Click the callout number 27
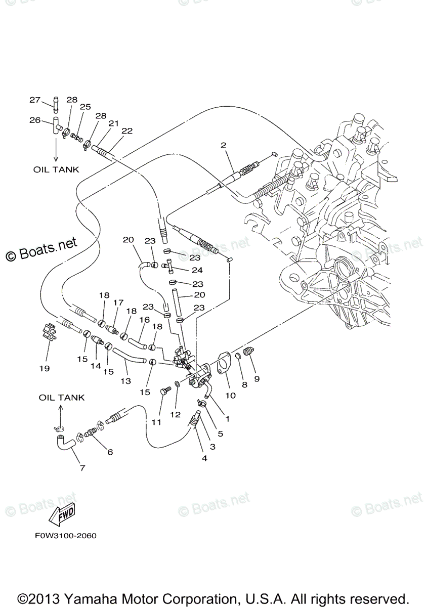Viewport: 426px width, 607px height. (x=34, y=100)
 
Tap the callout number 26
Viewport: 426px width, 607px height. (x=34, y=120)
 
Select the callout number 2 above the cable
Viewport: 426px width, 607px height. (x=223, y=145)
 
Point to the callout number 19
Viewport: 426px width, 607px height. (x=44, y=368)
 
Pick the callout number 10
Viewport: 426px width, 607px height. (x=231, y=396)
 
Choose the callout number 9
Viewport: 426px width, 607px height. (x=257, y=378)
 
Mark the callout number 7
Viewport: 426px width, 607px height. (x=82, y=468)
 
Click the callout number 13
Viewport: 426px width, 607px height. (x=125, y=380)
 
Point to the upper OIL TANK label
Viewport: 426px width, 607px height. (x=56, y=169)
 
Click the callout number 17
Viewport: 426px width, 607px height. (x=118, y=302)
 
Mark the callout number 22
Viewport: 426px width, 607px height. (x=127, y=131)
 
